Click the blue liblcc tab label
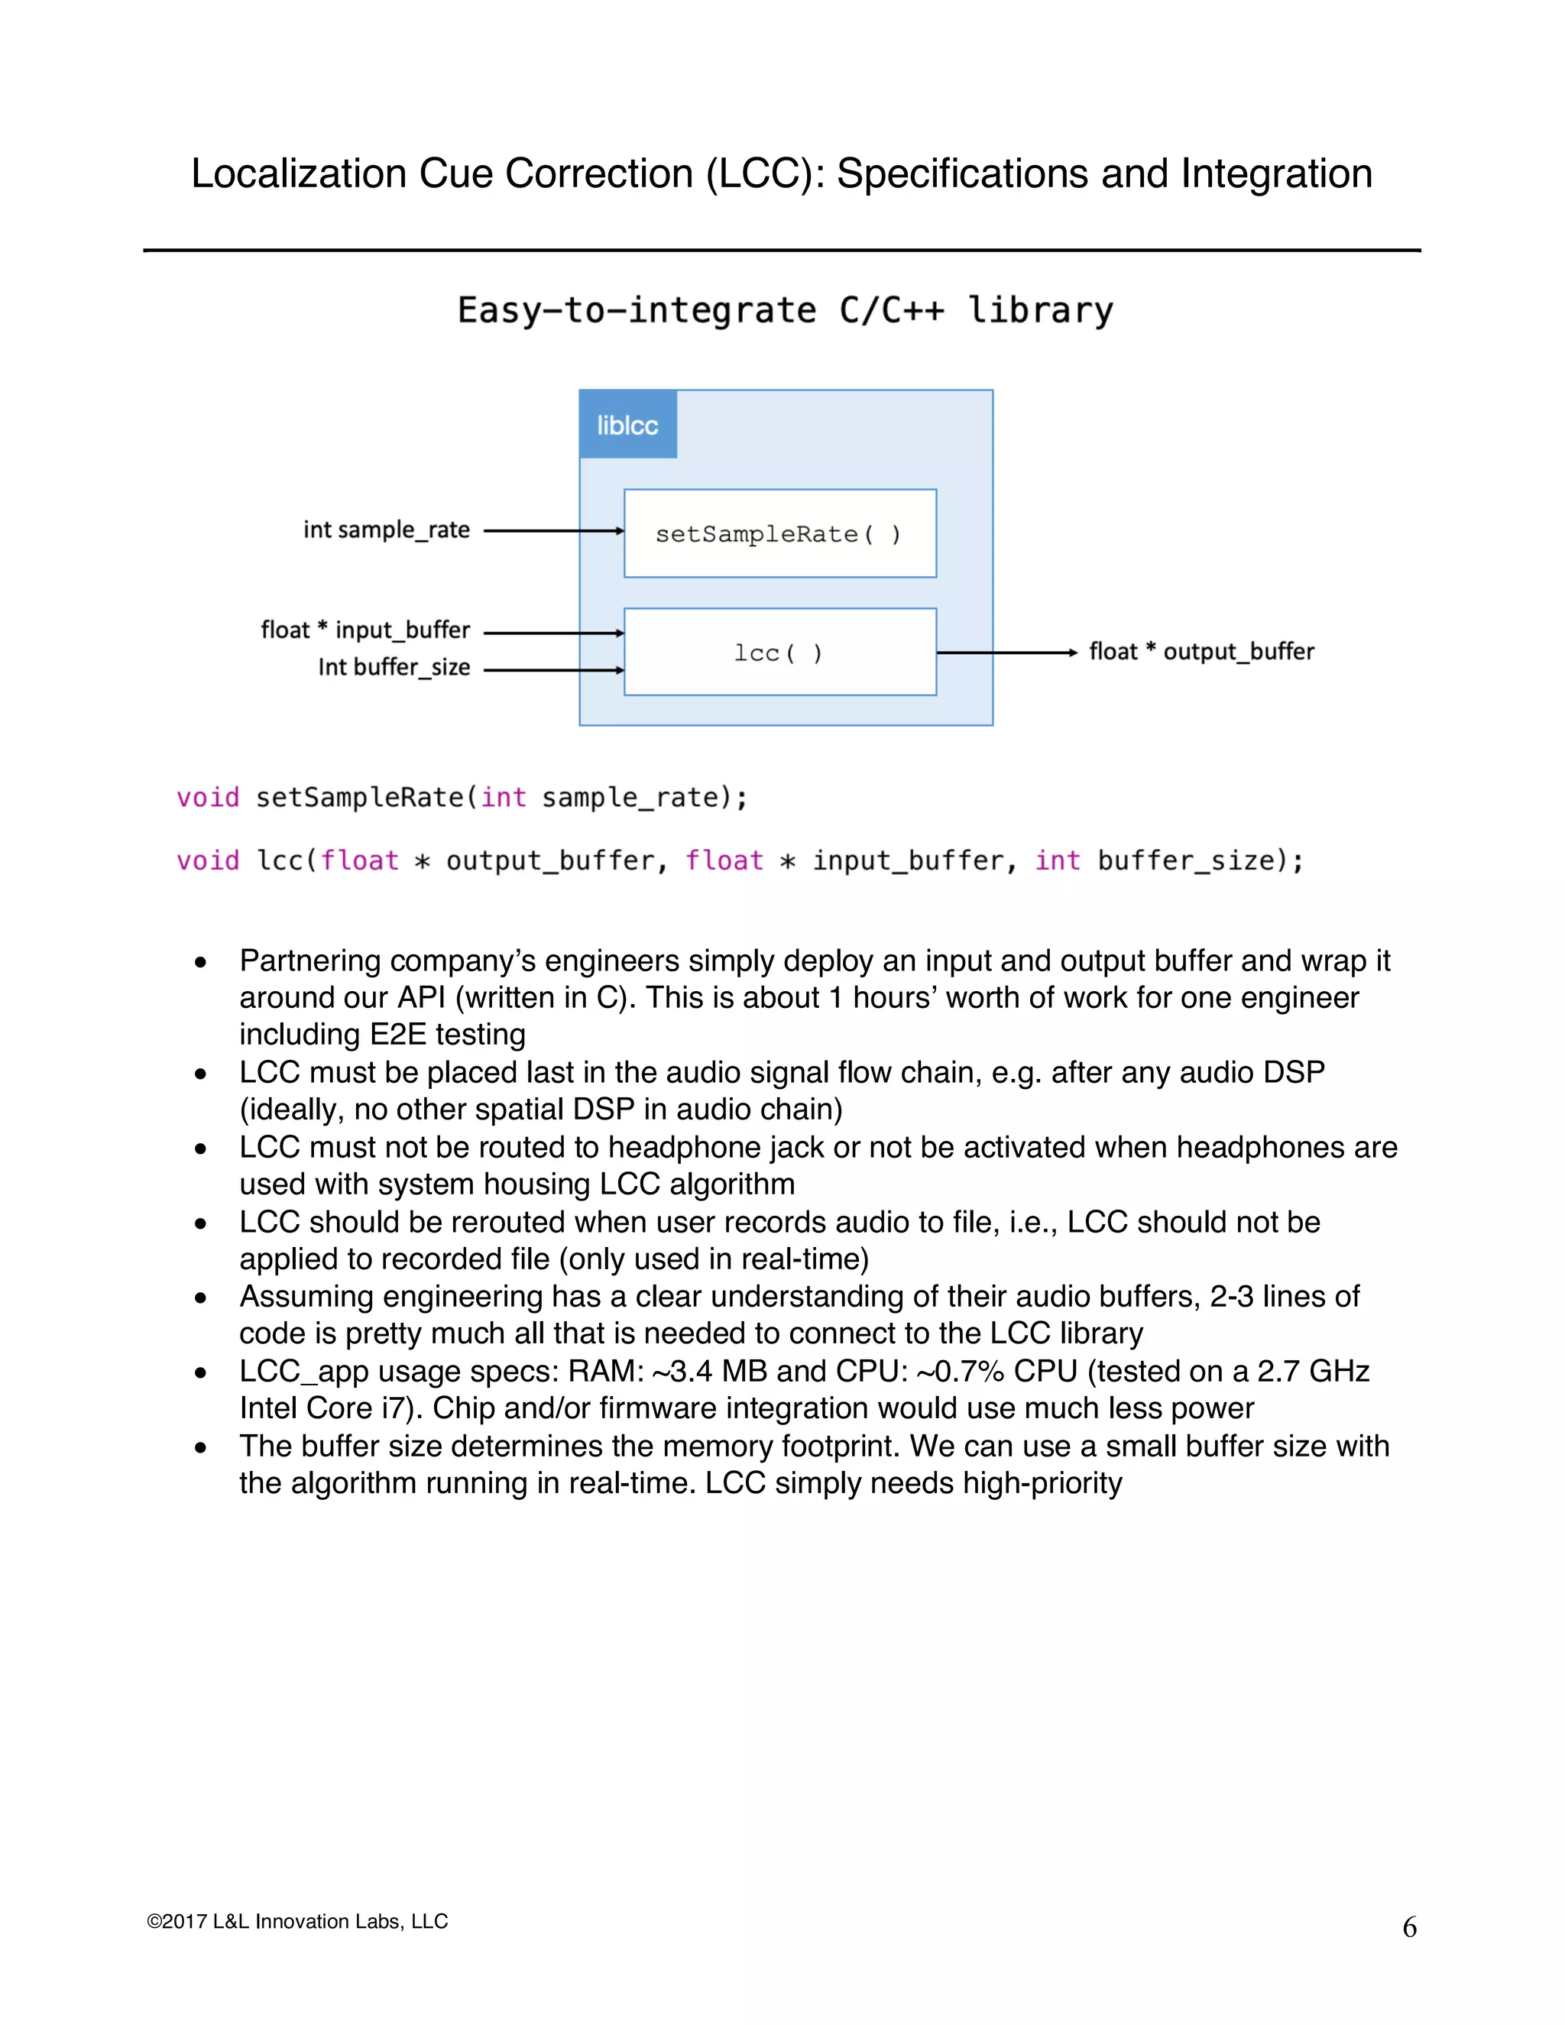coord(627,425)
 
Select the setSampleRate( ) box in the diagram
coord(779,533)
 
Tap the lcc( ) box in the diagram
coord(779,652)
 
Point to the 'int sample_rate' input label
coord(387,530)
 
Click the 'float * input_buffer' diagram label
coord(365,630)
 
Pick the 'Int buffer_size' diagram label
coord(394,668)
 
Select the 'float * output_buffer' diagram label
coord(1201,652)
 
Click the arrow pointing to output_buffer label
coord(1006,653)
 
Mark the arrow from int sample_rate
coord(553,530)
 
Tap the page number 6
coord(1409,1928)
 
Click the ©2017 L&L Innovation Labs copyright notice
coord(297,1921)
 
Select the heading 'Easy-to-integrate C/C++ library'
coord(786,310)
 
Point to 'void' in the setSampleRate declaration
coord(208,797)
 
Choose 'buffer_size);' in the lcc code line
coord(1200,861)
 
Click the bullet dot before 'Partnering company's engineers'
coord(200,962)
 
